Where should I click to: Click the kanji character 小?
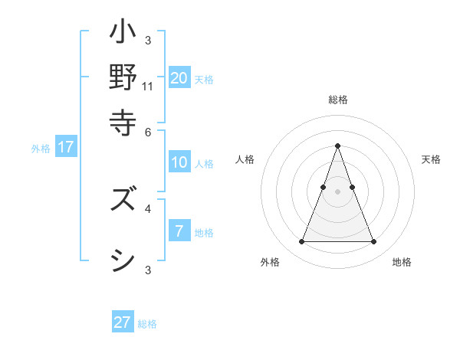[x=123, y=35]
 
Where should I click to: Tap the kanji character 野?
[x=123, y=77]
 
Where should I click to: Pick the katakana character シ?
[x=123, y=260]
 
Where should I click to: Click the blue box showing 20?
[x=179, y=77]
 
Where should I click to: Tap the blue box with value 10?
[x=179, y=162]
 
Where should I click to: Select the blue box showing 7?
[x=179, y=231]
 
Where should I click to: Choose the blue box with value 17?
[x=66, y=147]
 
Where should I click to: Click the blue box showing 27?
[x=123, y=322]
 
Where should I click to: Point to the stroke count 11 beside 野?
[x=148, y=87]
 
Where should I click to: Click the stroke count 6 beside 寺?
[x=148, y=131]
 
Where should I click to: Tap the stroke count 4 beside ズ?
[x=148, y=208]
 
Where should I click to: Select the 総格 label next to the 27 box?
[x=147, y=324]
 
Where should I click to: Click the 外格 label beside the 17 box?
[x=41, y=149]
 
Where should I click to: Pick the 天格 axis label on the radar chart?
[x=431, y=159]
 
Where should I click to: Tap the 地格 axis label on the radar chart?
[x=402, y=262]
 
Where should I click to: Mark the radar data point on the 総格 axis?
[x=337, y=146]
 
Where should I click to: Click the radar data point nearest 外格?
[x=301, y=242]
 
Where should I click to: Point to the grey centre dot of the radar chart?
[x=337, y=191]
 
